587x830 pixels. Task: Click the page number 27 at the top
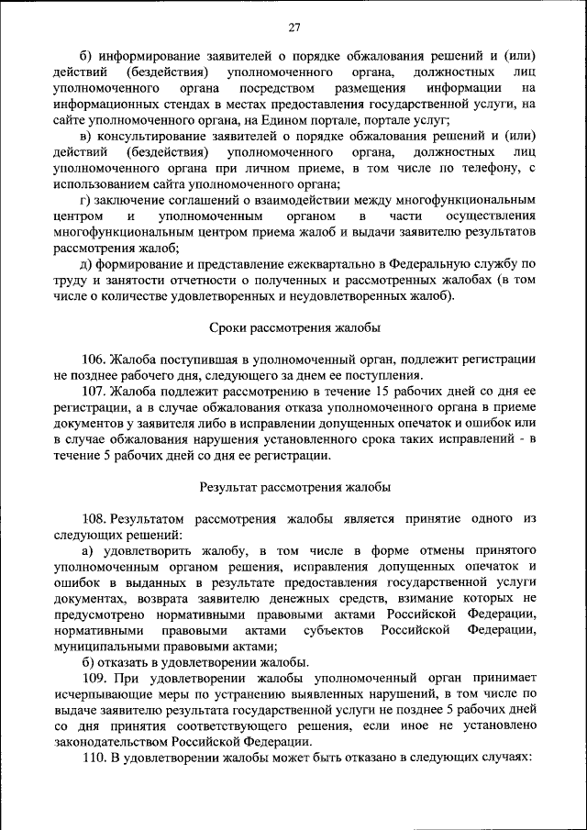tap(294, 27)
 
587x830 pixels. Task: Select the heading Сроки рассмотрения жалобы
tap(294, 327)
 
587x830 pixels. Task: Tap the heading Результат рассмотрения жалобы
tap(294, 486)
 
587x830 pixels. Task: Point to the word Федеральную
tap(410, 263)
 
